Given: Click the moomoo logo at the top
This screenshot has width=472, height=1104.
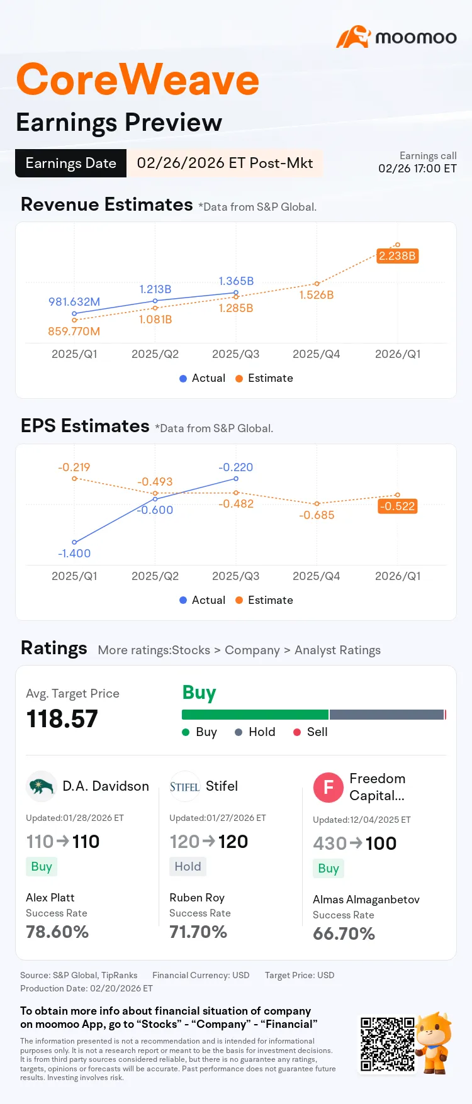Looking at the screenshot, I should tap(396, 37).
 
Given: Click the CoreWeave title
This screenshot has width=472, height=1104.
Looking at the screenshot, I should tap(137, 80).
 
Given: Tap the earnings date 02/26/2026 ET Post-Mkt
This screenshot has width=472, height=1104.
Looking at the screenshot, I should tap(225, 163).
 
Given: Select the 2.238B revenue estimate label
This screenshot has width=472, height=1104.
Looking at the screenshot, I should tap(397, 255).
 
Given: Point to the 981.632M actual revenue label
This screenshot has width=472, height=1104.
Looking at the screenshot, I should tap(74, 302).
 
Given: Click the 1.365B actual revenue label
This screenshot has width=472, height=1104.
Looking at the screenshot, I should tap(236, 281).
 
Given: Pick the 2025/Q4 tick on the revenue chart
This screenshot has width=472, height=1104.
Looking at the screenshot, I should tap(316, 354).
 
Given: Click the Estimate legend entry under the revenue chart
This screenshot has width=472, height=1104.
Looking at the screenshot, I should tap(264, 378).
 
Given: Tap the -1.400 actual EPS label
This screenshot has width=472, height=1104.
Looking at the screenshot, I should tap(74, 554).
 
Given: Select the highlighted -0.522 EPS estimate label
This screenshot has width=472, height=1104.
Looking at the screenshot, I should tap(397, 506).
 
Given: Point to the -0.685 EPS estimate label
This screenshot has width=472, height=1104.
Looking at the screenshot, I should tap(317, 515).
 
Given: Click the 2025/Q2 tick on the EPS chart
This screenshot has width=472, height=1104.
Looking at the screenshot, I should tap(155, 576).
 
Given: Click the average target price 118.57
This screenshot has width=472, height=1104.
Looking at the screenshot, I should tap(62, 719).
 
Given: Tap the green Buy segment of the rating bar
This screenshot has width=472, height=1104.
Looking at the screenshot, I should tap(255, 715).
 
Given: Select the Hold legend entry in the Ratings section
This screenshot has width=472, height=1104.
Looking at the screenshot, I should tap(255, 732).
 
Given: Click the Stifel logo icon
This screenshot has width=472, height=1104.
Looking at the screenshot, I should tap(184, 786).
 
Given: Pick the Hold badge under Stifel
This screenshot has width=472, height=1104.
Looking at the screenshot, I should tap(188, 866).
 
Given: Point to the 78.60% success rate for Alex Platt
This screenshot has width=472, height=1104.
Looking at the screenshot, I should tap(57, 932).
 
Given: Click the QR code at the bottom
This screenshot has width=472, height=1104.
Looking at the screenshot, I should tap(387, 1044).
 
